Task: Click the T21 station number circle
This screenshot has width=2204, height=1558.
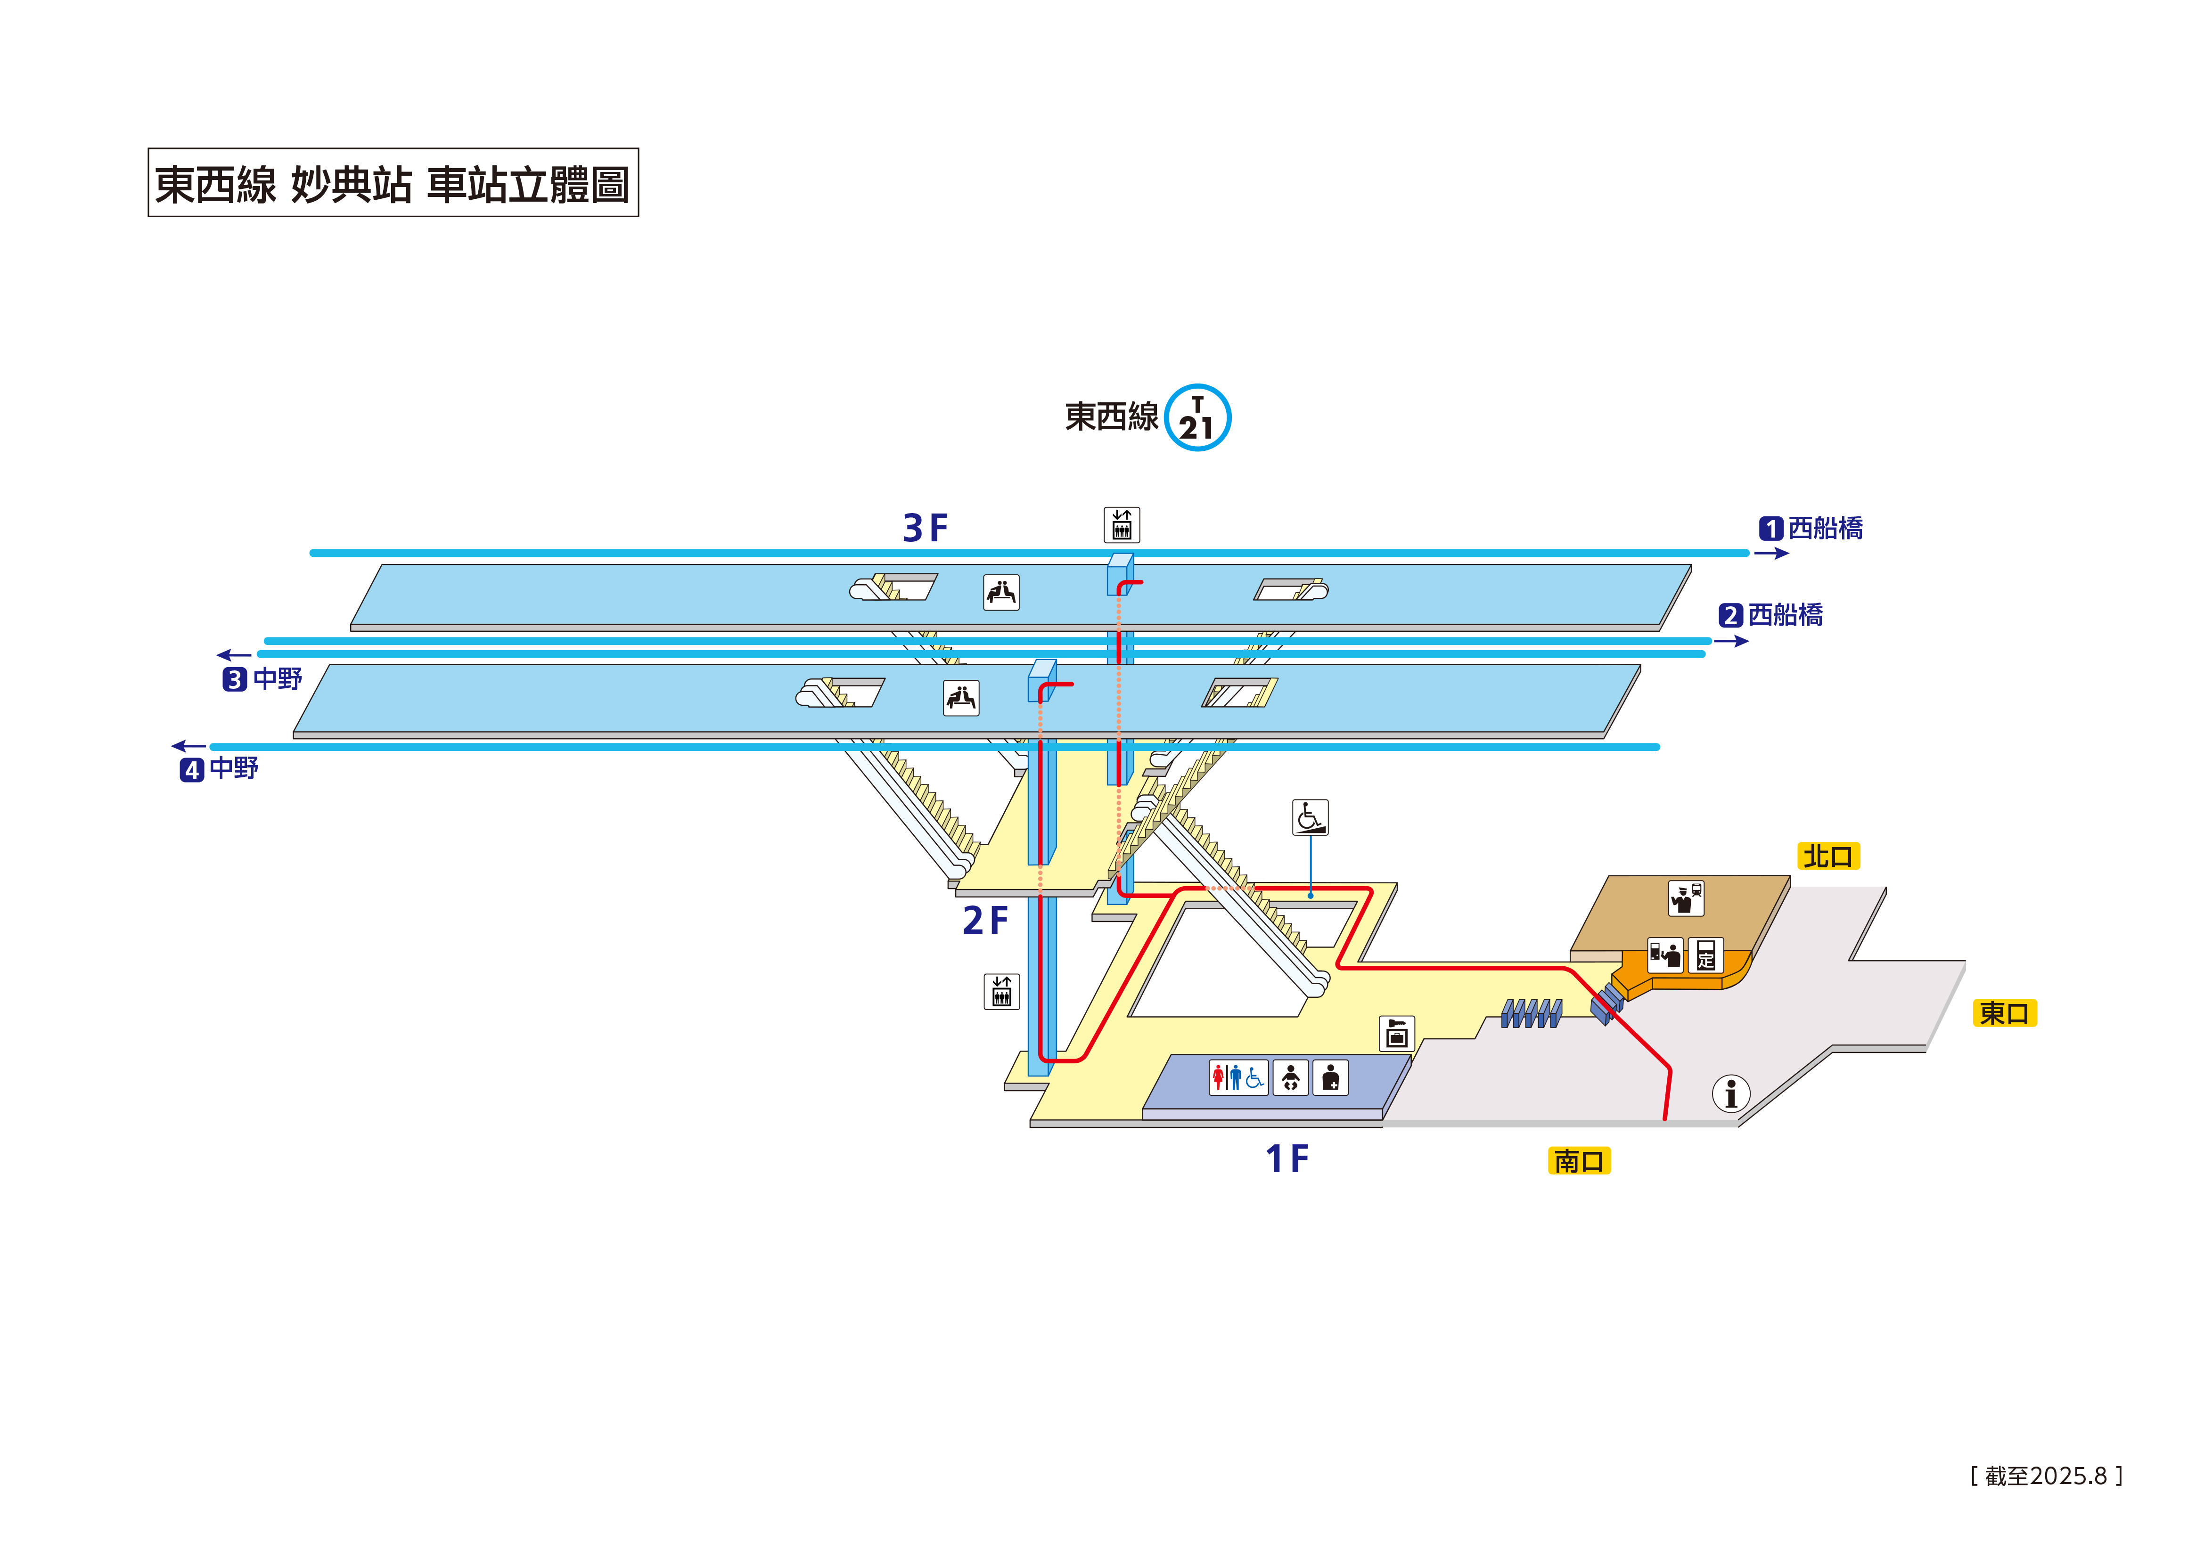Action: [1197, 417]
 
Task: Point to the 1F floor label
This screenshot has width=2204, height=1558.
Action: [1286, 1158]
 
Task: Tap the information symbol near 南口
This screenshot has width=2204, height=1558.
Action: [1731, 1093]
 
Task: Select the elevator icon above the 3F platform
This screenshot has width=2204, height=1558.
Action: [1121, 525]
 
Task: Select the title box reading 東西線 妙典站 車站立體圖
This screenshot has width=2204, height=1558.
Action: [393, 182]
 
